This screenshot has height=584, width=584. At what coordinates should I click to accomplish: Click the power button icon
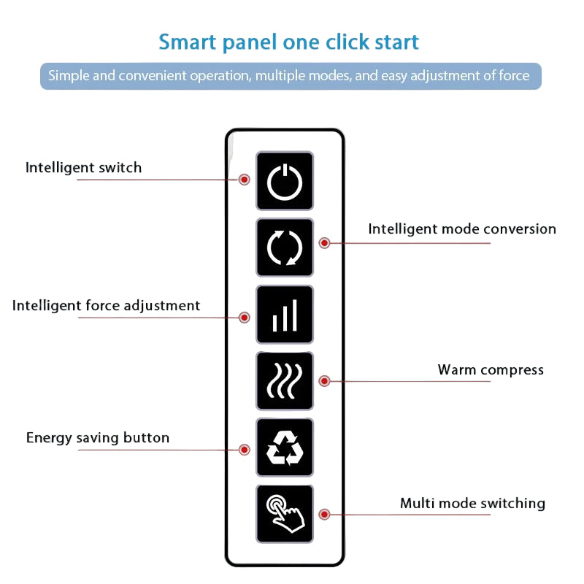[x=285, y=181]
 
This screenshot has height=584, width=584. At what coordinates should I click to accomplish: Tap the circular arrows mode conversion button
[x=285, y=247]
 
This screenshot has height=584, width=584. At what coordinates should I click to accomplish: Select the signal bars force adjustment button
[x=285, y=315]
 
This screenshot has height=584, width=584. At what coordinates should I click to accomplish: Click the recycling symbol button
[x=285, y=447]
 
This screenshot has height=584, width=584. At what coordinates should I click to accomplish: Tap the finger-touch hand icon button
[x=285, y=514]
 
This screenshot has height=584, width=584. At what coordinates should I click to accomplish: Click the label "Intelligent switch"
[x=83, y=168]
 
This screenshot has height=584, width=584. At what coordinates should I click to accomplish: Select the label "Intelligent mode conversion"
[x=462, y=229]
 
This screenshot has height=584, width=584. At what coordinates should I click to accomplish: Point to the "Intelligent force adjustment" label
[x=106, y=306]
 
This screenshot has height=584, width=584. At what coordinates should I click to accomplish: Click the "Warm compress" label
[x=491, y=370]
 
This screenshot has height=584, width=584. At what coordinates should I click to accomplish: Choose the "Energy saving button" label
[x=98, y=438]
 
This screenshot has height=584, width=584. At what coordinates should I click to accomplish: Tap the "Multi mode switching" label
[x=472, y=504]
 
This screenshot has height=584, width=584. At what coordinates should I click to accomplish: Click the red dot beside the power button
[x=245, y=180]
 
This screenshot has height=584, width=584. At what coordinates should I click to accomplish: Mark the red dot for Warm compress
[x=324, y=381]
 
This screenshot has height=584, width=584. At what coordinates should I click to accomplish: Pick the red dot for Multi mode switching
[x=324, y=515]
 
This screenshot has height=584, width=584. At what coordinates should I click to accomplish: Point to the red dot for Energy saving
[x=245, y=450]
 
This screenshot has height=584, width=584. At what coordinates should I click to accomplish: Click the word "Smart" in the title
[x=188, y=42]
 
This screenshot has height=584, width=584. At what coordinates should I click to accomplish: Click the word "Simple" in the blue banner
[x=69, y=76]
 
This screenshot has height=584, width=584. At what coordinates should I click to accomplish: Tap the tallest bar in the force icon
[x=295, y=315]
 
